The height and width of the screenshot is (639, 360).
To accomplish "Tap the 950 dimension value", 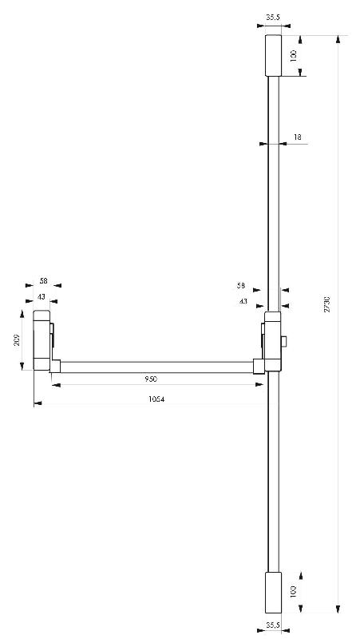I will tap(151, 378).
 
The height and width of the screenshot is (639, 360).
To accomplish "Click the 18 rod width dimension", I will tap(297, 137).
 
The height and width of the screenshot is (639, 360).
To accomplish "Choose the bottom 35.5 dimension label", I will tap(272, 625).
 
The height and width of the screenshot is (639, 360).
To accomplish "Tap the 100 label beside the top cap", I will tap(293, 56).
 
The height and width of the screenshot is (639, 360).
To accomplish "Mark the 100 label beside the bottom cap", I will tap(293, 591).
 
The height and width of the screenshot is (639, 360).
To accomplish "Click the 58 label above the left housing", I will tap(43, 281).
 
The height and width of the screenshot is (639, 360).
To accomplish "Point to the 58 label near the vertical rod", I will tap(240, 285).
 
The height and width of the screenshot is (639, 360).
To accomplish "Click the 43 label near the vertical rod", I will tap(242, 301).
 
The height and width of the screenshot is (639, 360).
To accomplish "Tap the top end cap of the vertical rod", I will tap(272, 55).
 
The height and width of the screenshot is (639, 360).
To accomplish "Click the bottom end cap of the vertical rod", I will tap(272, 592).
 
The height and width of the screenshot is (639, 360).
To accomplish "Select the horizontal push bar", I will tap(156, 367).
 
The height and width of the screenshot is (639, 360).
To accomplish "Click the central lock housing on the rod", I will tap(272, 343).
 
